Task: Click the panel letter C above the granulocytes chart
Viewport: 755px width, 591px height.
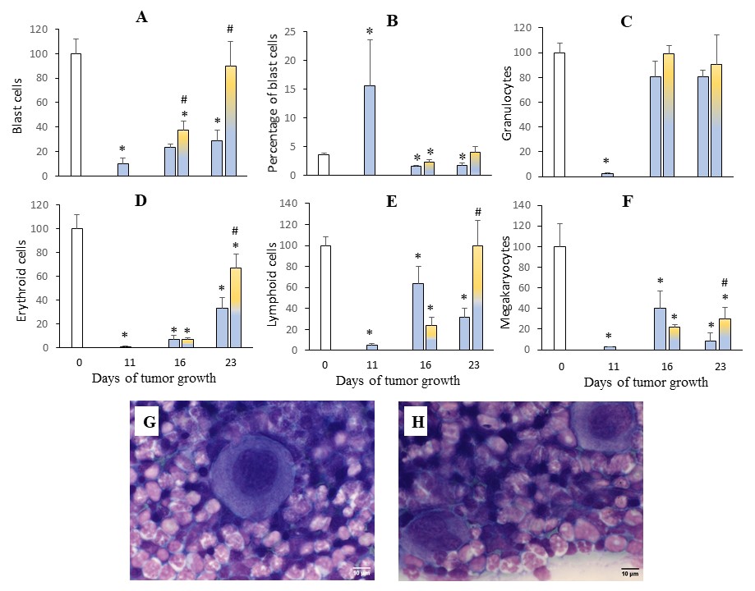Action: click(626, 22)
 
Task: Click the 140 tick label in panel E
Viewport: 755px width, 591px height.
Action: click(288, 203)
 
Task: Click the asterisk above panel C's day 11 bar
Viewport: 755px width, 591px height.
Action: click(606, 162)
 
